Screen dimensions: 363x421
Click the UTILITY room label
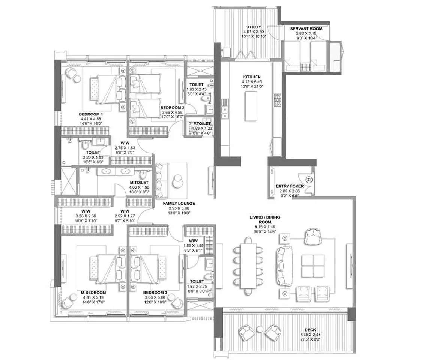(x=254, y=27)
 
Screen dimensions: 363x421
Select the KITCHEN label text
(x=251, y=77)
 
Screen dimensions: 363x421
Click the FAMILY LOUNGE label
(x=179, y=204)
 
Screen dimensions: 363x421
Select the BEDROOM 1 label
(x=91, y=114)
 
